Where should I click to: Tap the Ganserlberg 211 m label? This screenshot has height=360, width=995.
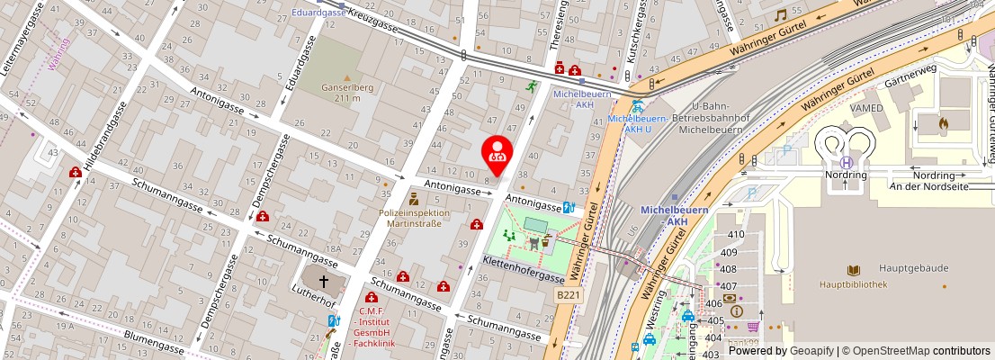pyautogui.click(x=346, y=93)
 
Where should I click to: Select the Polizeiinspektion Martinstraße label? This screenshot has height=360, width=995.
pyautogui.click(x=410, y=218)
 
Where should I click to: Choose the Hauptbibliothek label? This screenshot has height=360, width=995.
pyautogui.click(x=853, y=284)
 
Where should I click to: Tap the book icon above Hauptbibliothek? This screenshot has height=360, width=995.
pyautogui.click(x=853, y=270)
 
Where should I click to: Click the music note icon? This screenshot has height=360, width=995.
pyautogui.click(x=780, y=15)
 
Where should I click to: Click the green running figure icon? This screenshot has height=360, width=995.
pyautogui.click(x=532, y=87)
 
